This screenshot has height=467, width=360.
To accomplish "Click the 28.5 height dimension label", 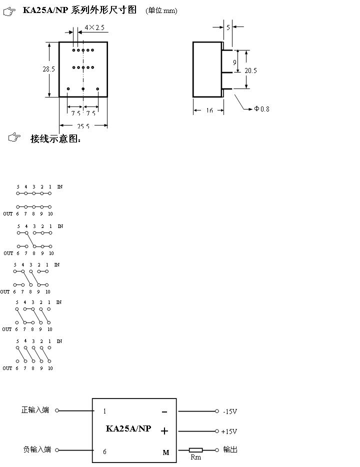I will tap(48, 69).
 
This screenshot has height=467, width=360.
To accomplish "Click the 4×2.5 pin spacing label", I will tap(94, 27).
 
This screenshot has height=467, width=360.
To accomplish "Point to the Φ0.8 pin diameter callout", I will tap(261, 109).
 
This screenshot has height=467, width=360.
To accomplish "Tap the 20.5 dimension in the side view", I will tap(250, 70).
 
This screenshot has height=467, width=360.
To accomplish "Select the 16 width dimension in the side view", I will tap(209, 110).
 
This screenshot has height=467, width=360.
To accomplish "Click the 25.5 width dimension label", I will tap(83, 126).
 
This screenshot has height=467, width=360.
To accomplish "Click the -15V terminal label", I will tap(230, 411).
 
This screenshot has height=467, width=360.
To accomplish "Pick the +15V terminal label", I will tap(229, 431).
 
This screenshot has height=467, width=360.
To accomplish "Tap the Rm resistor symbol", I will tap(195, 450).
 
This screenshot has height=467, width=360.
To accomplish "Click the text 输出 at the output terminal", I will tap(230, 450).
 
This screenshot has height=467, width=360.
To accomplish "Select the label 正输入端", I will tap(35, 410).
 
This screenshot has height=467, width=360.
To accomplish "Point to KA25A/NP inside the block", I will tap(128, 428).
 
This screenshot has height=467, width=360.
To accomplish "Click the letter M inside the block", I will tap(166, 452).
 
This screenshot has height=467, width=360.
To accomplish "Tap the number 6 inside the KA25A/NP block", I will tap(104, 451).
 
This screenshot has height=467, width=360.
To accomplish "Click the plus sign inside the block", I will tap(164, 431).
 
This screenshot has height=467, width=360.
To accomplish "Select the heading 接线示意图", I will tap(55, 139).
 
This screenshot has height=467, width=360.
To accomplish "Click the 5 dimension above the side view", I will tap(228, 28).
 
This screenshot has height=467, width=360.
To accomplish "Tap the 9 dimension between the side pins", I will tap(234, 62).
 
